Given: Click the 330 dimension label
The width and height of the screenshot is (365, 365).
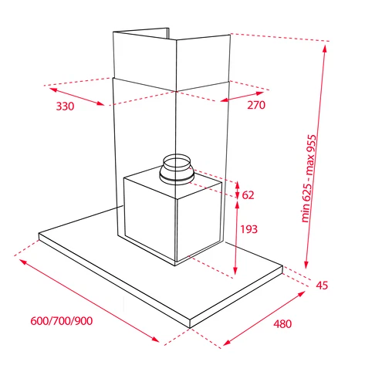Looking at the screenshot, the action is click(x=65, y=106).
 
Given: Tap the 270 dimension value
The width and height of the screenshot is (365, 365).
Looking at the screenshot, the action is click(x=256, y=105).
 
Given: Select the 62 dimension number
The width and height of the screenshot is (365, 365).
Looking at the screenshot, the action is click(x=248, y=195).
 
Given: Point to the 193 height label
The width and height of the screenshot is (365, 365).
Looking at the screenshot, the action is click(x=248, y=229).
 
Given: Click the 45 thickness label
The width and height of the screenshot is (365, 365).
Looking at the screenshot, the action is click(x=322, y=286).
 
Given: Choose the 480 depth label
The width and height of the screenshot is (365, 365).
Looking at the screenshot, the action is click(x=282, y=324).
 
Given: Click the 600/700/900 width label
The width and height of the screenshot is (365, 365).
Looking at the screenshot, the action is click(x=62, y=321).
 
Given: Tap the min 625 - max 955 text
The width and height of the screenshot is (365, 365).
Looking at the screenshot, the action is click(x=309, y=178).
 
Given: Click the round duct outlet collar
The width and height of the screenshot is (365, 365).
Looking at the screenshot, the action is click(x=177, y=170).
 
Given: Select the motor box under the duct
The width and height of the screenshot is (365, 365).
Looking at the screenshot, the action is click(x=173, y=216).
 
